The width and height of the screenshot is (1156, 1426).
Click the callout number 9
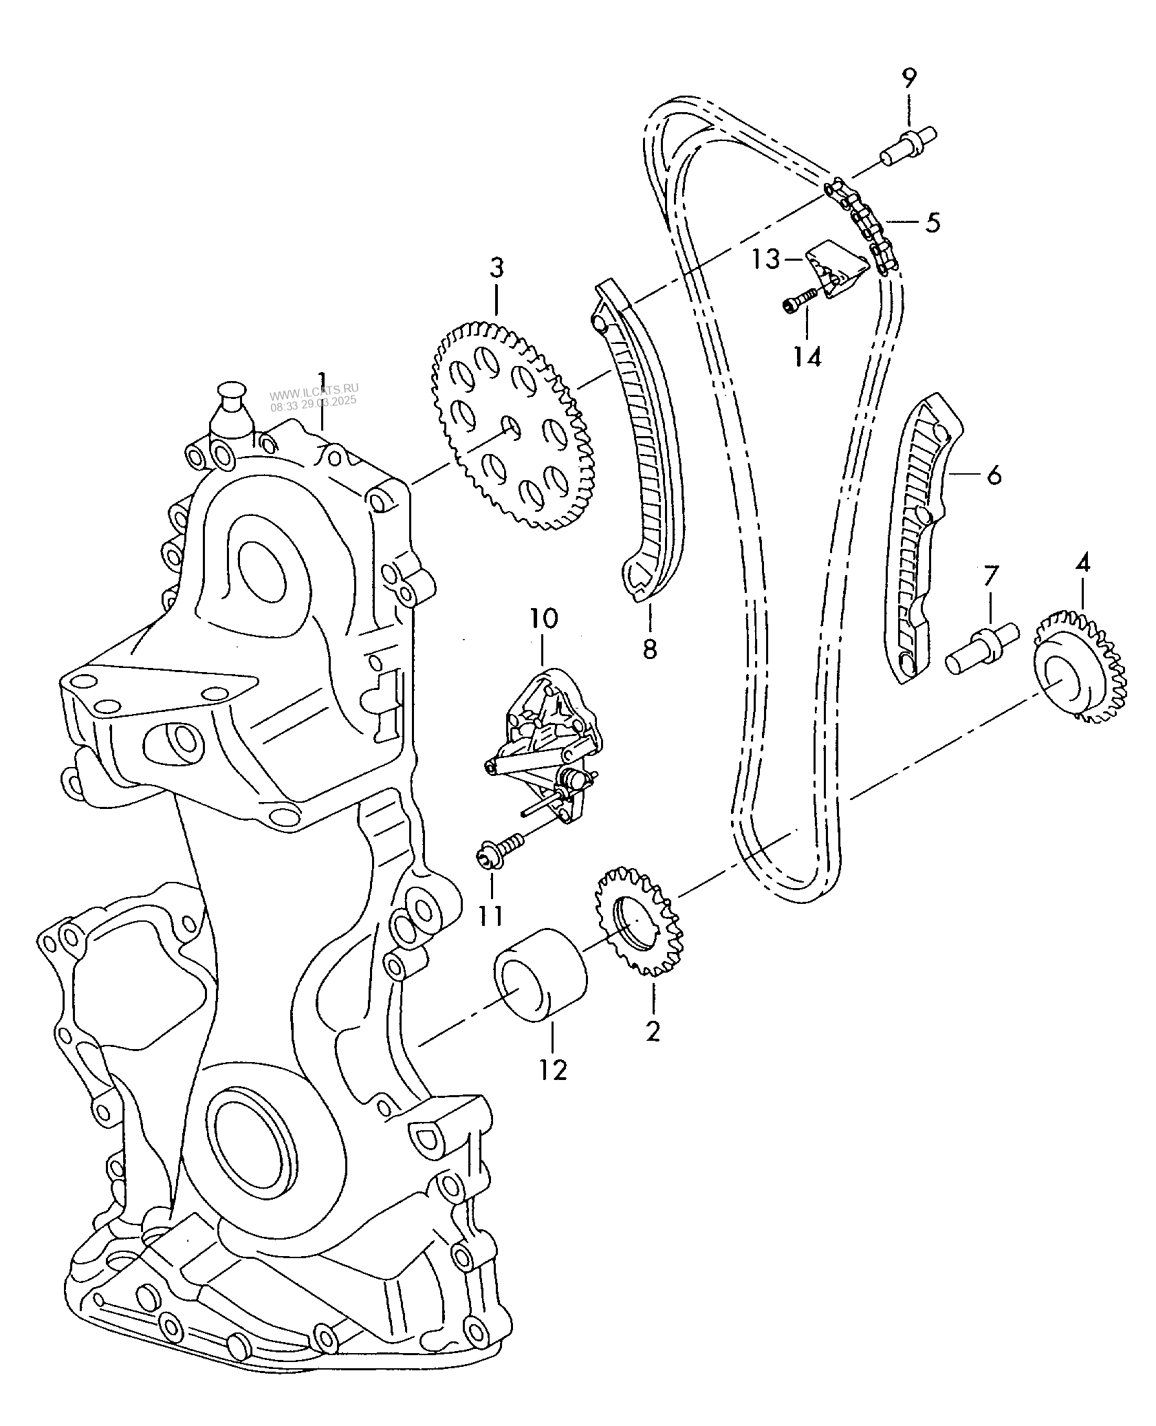point(908,78)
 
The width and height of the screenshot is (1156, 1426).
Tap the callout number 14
point(808,356)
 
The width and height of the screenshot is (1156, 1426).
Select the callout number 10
point(543,618)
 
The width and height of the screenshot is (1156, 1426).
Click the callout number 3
point(497,268)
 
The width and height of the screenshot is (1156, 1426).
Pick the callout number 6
point(993,474)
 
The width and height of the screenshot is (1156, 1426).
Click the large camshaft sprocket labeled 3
point(512,426)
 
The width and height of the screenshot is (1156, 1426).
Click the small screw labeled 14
point(799,300)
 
